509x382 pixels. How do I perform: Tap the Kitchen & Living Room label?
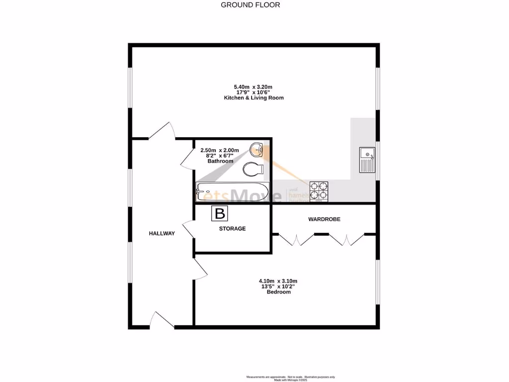(x=254, y=98)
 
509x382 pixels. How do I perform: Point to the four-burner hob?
(x=319, y=191)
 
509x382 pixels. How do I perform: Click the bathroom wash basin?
(x=257, y=149)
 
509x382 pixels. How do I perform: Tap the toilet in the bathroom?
(x=254, y=170)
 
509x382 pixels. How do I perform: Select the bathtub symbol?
(x=232, y=191)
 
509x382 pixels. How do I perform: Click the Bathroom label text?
(x=220, y=161)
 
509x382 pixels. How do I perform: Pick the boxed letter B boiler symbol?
(x=220, y=214)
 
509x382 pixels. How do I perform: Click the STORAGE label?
(x=233, y=229)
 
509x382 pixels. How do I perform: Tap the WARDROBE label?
(x=324, y=219)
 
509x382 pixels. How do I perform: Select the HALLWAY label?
(x=162, y=233)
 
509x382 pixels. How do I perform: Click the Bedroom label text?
(x=278, y=292)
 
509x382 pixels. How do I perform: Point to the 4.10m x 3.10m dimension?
(x=278, y=281)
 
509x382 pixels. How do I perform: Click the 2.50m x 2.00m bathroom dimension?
(x=220, y=150)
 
